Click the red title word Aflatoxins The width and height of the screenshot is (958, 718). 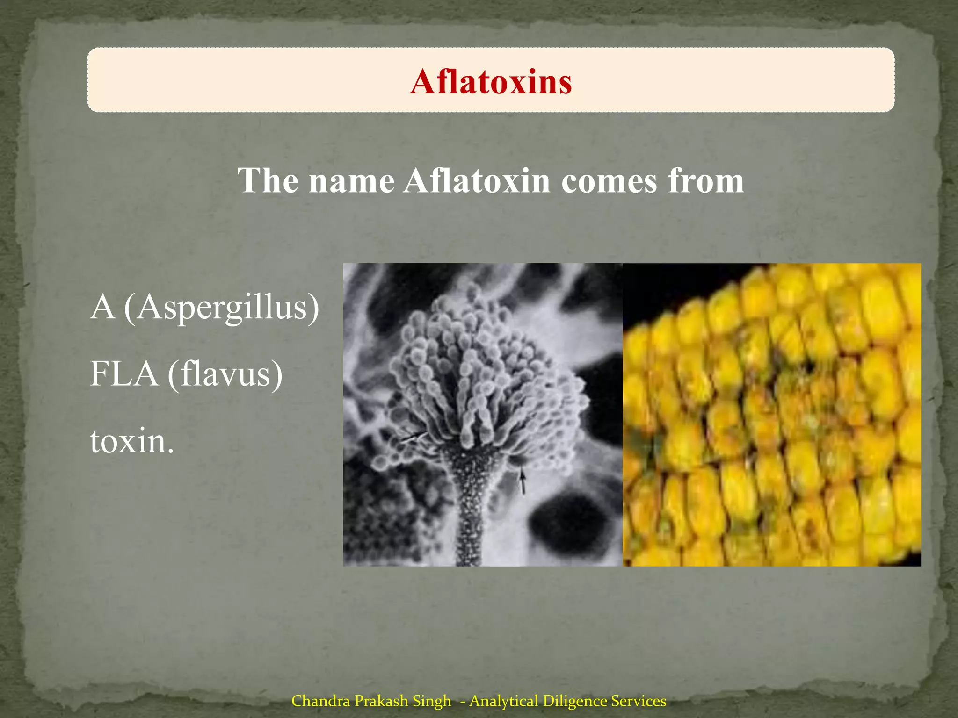click(x=491, y=82)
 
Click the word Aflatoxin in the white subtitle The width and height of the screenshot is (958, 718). click(x=477, y=180)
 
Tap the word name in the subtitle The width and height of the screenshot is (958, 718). click(x=351, y=181)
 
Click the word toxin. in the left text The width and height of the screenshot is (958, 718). click(x=131, y=441)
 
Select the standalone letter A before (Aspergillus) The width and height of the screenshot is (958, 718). click(x=102, y=308)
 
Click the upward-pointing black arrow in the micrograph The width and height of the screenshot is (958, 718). click(x=523, y=481)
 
